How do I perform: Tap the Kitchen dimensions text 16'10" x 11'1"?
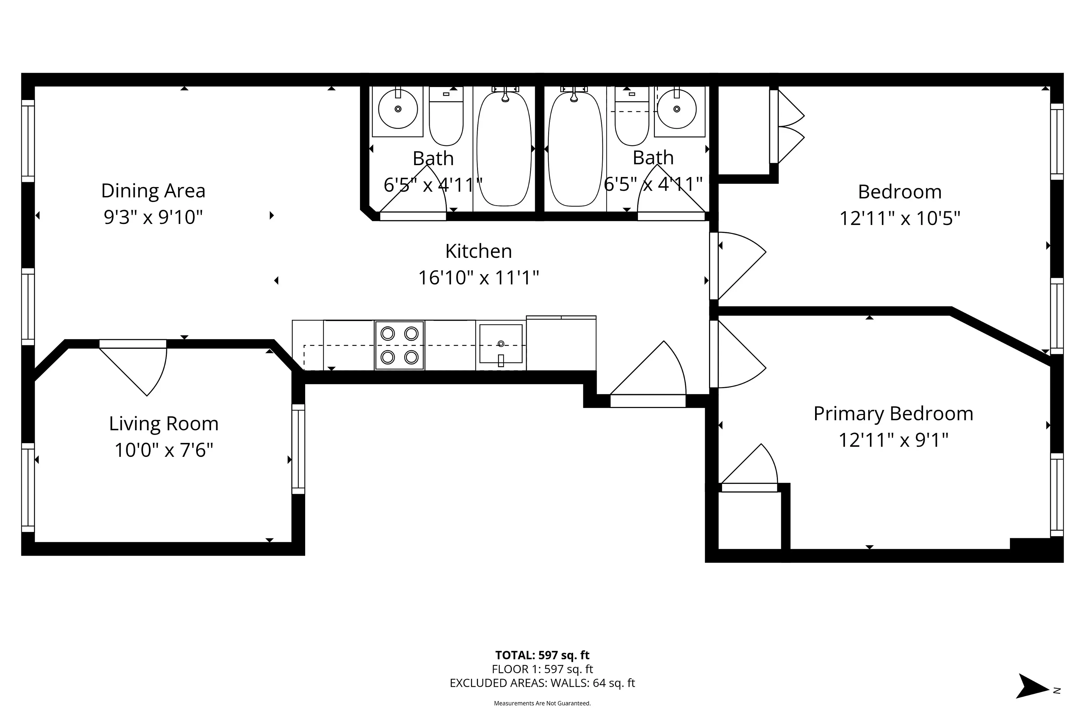[x=478, y=277]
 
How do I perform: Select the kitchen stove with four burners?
[x=400, y=345]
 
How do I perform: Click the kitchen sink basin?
[x=501, y=344]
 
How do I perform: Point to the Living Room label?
[x=164, y=424]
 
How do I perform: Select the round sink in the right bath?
[x=677, y=109]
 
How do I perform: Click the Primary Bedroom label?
[x=893, y=414]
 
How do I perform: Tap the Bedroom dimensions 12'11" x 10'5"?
[x=900, y=218]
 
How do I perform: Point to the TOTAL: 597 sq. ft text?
[x=542, y=655]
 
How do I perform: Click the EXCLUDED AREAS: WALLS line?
[x=542, y=683]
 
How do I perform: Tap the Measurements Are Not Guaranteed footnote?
[x=542, y=703]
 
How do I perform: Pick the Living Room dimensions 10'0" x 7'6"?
[x=164, y=450]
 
